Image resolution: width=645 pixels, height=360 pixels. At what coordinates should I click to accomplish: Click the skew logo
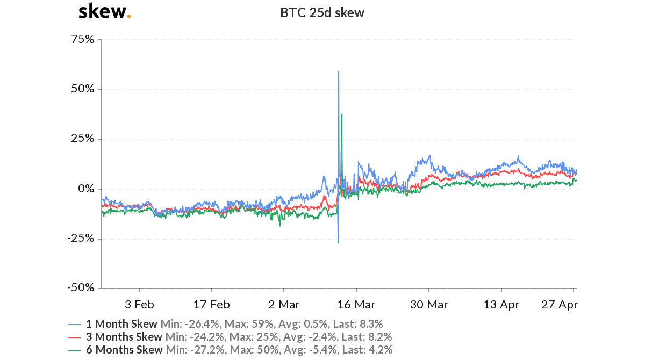[104, 11]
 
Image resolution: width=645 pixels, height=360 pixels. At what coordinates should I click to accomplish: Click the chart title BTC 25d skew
[322, 13]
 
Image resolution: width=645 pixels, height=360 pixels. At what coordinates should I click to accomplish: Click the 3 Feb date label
[139, 305]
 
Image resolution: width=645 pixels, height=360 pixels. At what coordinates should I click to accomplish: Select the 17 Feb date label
[211, 305]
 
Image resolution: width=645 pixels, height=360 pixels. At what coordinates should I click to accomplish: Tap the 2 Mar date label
[284, 305]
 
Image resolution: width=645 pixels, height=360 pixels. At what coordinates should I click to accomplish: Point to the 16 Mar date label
[356, 305]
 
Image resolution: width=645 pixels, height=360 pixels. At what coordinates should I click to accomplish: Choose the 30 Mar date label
[428, 305]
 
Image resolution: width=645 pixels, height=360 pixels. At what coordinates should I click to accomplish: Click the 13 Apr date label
[501, 305]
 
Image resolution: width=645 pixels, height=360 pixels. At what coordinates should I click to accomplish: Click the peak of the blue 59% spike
[338, 71]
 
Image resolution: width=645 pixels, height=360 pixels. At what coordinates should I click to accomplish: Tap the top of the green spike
[341, 114]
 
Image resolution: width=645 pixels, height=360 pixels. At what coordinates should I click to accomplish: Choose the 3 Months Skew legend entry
[124, 337]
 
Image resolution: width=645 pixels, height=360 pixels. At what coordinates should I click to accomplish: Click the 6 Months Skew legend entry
[124, 350]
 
